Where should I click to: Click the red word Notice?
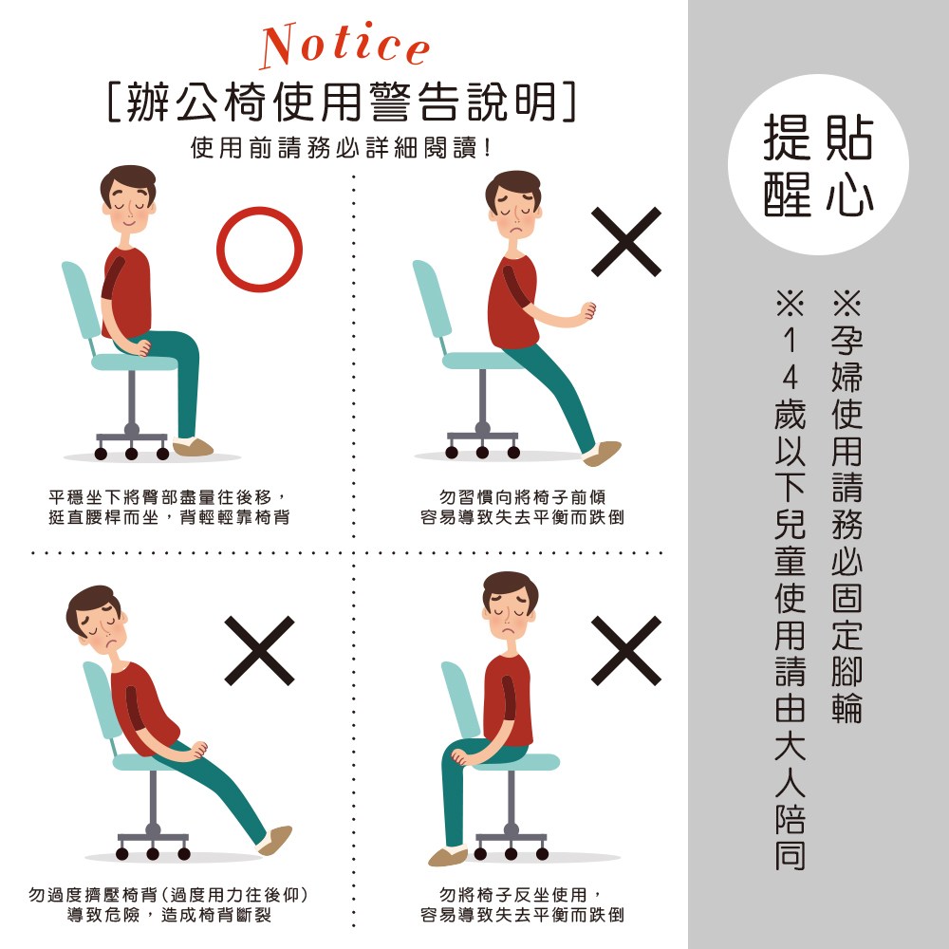click(x=345, y=46)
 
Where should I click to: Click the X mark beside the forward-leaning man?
click(x=625, y=241)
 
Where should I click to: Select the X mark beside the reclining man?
click(x=259, y=651)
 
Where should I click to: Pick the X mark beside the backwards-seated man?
click(x=625, y=651)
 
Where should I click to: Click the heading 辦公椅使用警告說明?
click(x=342, y=102)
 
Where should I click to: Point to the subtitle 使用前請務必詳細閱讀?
click(x=341, y=148)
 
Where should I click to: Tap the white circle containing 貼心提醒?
click(x=818, y=164)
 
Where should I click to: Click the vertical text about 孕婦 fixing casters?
click(x=847, y=506)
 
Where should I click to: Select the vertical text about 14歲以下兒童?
click(x=790, y=580)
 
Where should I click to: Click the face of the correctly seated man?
click(x=129, y=206)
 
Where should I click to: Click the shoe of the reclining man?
click(x=275, y=840)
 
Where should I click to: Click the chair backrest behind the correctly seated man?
click(x=81, y=300)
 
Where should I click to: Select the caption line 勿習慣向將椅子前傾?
click(x=522, y=497)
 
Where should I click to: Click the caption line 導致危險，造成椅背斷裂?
click(x=169, y=915)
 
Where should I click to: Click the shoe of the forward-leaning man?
click(x=602, y=453)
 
